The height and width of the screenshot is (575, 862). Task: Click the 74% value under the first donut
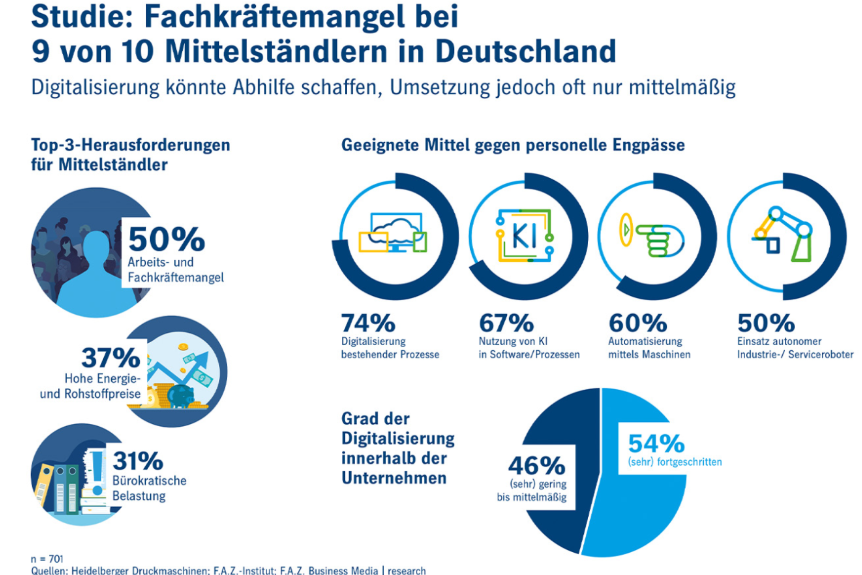(368, 323)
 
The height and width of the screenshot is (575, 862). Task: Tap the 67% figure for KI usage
(506, 323)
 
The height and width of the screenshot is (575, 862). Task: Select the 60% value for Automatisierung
(638, 323)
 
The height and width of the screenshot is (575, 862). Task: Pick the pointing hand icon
(654, 236)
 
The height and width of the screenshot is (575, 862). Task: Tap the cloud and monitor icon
(394, 233)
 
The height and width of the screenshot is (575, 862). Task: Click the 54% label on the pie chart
(656, 444)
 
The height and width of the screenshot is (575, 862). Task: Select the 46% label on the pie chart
(537, 465)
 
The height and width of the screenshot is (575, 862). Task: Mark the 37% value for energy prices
(111, 357)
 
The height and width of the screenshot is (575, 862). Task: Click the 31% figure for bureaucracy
(138, 461)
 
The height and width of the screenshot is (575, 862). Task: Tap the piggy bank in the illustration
(180, 395)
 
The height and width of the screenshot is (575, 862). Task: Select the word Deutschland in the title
(525, 51)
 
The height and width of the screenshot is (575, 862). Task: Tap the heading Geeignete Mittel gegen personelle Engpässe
(512, 145)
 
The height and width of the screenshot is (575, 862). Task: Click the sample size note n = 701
(47, 559)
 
